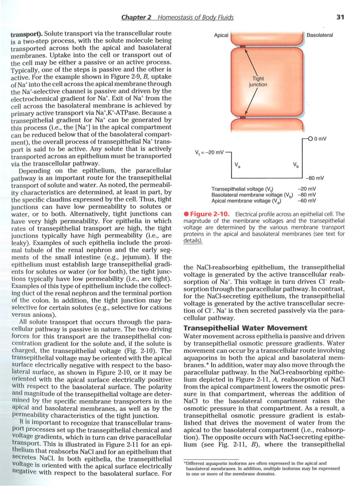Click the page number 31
click(340, 17)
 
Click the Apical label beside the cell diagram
click(221, 35)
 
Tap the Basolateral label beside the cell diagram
click(319, 35)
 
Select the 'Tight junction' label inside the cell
click(258, 82)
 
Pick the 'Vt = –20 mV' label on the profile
click(209, 152)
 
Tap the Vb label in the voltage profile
click(295, 165)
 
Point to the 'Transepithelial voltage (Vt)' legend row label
click(242, 189)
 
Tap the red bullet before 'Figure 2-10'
click(186, 214)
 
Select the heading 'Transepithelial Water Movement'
click(245, 328)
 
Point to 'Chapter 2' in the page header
click(136, 17)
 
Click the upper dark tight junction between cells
click(243, 46)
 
